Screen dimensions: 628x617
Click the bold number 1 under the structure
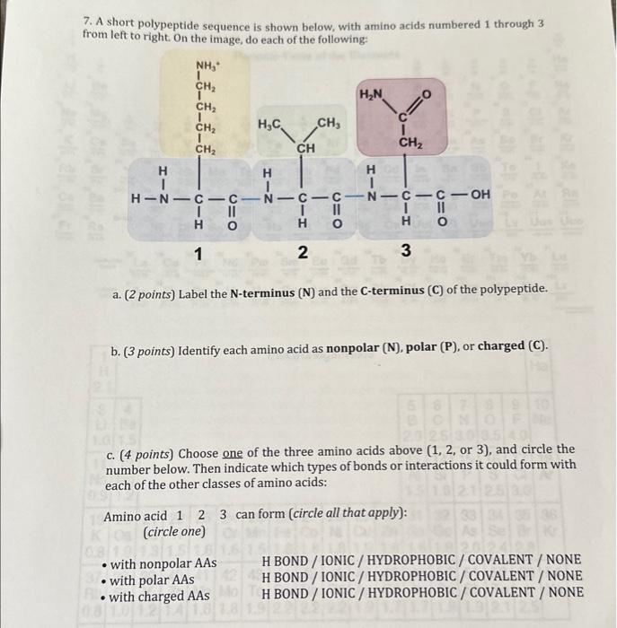click(x=198, y=254)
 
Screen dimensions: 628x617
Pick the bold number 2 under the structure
click(x=303, y=254)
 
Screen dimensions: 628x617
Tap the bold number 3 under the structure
click(x=406, y=254)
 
